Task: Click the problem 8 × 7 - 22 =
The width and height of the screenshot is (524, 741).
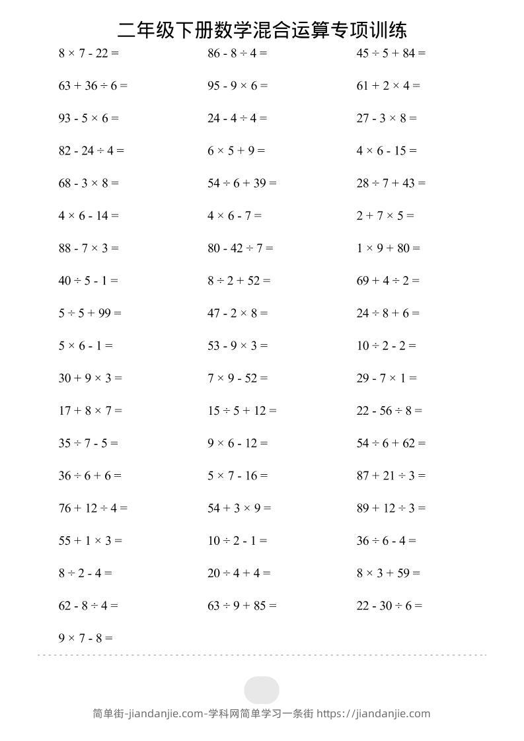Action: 89,53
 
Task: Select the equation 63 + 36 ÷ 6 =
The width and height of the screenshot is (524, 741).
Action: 93,86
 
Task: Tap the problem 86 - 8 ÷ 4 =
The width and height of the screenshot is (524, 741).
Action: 237,53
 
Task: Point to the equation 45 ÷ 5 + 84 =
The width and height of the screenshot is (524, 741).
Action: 391,53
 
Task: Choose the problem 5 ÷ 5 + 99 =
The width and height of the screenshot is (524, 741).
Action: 90,313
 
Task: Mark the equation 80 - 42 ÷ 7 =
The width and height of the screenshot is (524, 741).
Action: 240,248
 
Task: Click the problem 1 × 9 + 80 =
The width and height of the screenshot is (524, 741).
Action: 389,248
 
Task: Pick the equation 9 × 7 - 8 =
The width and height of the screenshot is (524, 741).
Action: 86,638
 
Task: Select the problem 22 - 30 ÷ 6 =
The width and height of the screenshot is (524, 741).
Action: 389,606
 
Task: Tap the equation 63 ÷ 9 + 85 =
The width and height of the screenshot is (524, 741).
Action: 242,606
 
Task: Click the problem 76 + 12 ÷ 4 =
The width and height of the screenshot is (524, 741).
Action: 93,508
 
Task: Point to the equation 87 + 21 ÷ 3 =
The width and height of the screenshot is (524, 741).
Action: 391,476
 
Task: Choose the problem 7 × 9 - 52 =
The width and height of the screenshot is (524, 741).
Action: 238,378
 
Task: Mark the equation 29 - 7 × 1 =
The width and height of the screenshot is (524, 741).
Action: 387,378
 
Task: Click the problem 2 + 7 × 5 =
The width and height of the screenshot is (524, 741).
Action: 385,216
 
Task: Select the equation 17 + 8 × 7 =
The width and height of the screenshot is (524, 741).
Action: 90,411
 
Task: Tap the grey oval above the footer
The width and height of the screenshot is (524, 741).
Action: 262,690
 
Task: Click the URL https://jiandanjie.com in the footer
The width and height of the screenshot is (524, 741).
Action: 373,713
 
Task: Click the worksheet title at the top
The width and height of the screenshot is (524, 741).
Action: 262,30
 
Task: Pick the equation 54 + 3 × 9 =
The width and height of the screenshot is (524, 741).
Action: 239,508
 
